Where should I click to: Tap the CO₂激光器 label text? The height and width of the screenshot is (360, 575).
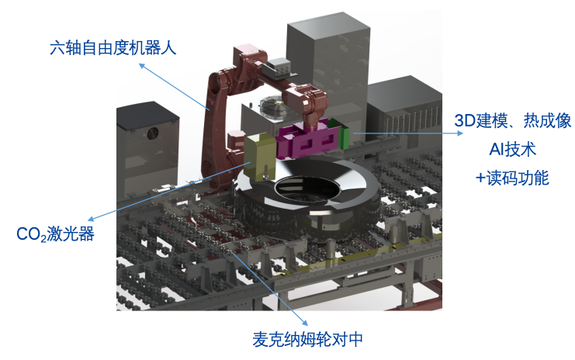(55, 234)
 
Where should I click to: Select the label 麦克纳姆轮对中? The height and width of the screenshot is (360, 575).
(308, 339)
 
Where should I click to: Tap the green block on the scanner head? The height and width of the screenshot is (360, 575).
(345, 138)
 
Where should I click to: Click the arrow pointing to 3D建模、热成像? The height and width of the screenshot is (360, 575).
(400, 133)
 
